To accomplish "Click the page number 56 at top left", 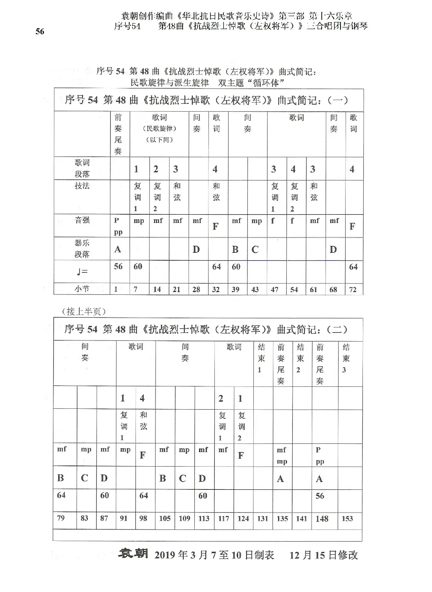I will [40, 32].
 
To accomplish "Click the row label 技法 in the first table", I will [82, 186].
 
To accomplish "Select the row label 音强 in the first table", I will [82, 220].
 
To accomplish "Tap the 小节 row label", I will [82, 289].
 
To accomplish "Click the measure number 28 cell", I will [196, 289].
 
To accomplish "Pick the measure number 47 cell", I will [275, 289].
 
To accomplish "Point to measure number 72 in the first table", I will [353, 289].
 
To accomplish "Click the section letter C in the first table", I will [255, 250].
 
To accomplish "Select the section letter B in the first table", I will [235, 250].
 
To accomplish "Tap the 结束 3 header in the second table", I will [346, 358].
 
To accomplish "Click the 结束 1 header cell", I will [261, 358].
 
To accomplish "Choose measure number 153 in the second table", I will [347, 518].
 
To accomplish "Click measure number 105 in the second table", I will [165, 518].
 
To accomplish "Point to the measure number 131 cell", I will [263, 518].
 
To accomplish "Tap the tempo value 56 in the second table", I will [320, 496].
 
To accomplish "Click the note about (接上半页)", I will [84, 311].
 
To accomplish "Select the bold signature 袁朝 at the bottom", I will [133, 554].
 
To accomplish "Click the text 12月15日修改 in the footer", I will [324, 555].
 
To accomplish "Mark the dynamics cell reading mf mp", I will [282, 456].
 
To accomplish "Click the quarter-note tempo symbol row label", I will [82, 271].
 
